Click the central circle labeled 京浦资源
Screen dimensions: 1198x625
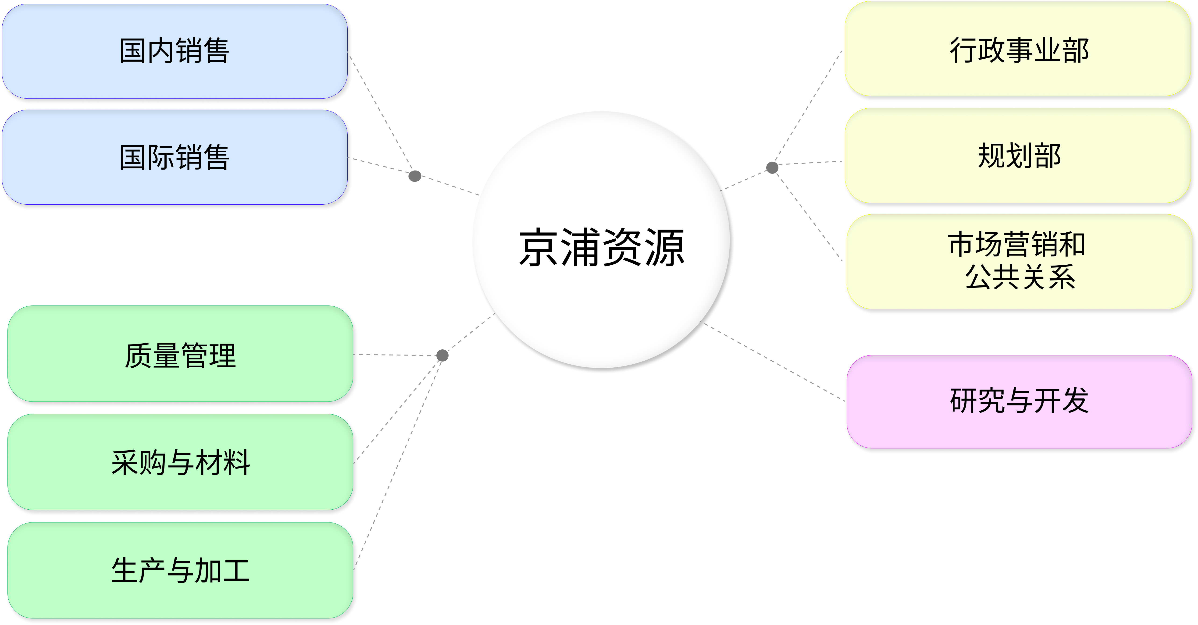pos(601,240)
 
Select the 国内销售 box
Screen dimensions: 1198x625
pos(175,51)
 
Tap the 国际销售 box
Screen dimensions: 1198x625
pos(175,157)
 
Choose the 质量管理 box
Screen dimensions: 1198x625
pos(180,354)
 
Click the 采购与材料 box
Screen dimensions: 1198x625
pos(180,462)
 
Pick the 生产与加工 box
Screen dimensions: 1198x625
pos(180,571)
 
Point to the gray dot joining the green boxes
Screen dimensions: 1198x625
pos(442,355)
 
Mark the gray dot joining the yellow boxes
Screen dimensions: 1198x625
pos(772,167)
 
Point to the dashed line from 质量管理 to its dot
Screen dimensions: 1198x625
pos(398,355)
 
